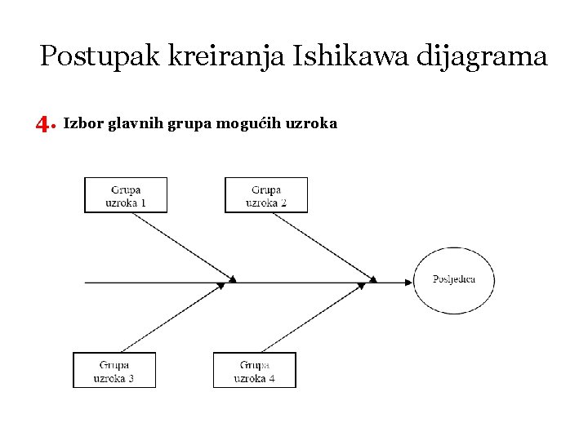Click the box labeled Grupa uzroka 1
126,195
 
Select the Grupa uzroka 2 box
266,195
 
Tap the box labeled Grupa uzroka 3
114,370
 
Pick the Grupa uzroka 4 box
255,370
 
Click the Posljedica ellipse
454,280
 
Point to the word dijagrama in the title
482,57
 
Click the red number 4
42,124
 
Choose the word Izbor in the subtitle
80,124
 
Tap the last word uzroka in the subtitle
311,124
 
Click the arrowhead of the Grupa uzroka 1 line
232,279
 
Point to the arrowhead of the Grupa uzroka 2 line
372,279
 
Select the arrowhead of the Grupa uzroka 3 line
220,286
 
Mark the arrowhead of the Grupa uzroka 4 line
361,286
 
